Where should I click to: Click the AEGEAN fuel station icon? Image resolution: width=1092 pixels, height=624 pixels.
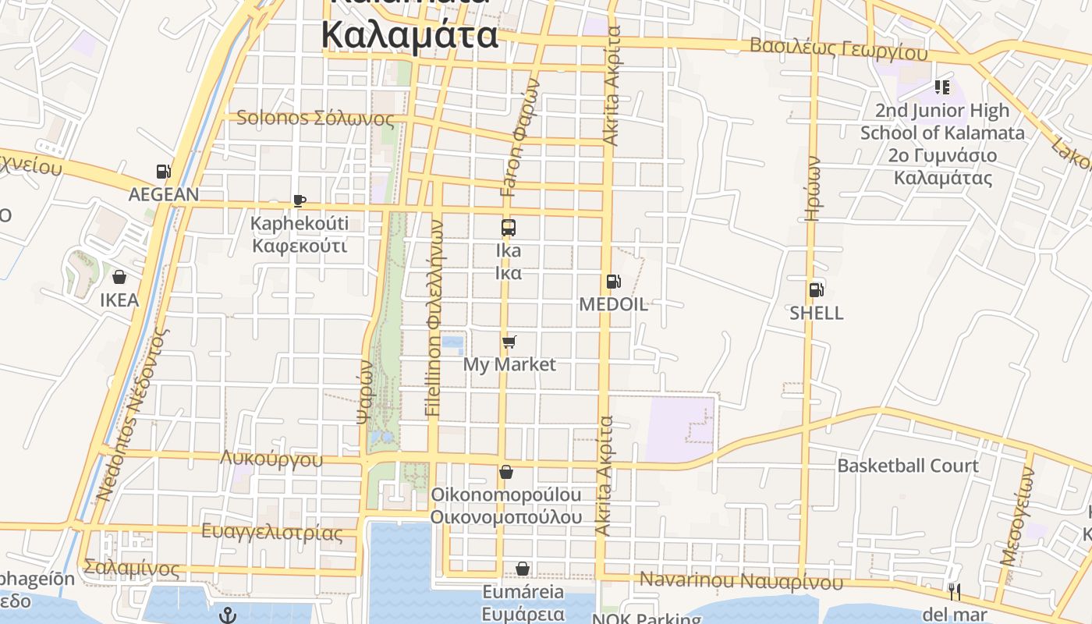163,172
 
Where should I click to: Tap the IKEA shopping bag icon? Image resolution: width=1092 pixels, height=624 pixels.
119,277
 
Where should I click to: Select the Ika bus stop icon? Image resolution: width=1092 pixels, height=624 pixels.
509,228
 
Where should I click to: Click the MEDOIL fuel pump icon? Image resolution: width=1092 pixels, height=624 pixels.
613,282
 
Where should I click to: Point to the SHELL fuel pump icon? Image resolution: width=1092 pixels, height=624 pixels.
816,290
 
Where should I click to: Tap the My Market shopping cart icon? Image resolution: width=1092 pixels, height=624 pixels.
509,342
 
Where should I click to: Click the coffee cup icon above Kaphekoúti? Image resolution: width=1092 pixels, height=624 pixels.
299,201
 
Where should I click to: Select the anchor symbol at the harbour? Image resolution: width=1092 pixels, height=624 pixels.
227,615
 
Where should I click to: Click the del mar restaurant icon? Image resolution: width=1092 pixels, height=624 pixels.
953,592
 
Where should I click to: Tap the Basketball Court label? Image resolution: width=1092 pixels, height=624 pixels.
907,466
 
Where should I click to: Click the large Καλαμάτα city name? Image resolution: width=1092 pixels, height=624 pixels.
409,35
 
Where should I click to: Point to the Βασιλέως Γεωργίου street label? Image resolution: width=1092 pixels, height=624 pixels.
838,48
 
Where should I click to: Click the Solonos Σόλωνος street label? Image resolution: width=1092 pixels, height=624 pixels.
315,119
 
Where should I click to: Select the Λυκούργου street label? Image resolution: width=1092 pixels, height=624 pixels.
271,459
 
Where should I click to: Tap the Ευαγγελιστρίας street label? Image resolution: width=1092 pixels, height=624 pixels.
271,533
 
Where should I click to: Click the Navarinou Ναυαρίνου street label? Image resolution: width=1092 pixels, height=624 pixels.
741,581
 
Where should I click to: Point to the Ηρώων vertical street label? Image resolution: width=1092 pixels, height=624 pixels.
813,190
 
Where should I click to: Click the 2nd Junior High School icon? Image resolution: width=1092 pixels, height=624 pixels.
942,87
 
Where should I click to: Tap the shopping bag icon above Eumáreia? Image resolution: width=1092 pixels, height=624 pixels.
522,569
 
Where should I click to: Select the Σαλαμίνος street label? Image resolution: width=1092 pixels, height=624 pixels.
131,568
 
